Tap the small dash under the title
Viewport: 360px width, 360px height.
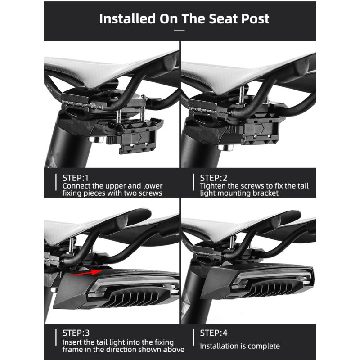[x=180, y=31]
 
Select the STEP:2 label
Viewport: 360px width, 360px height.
[x=215, y=177]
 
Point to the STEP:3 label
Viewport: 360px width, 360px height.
[x=77, y=333]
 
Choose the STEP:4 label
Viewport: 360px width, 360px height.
[x=215, y=333]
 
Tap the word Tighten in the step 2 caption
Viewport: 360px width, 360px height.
[x=213, y=185]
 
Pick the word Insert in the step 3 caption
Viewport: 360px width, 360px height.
[x=72, y=342]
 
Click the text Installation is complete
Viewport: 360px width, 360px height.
[x=240, y=346]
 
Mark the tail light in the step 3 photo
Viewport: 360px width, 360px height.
[x=117, y=288]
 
